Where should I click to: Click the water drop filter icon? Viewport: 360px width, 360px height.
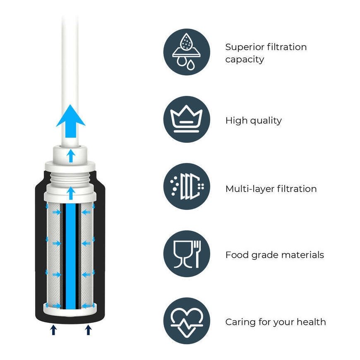click(x=187, y=52)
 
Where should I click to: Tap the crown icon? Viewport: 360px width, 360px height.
click(x=187, y=119)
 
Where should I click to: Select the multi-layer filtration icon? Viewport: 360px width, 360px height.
click(x=187, y=186)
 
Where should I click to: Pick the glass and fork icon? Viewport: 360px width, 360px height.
click(x=187, y=254)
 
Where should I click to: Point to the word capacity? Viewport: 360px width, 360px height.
click(x=245, y=60)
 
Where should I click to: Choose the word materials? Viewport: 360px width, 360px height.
click(x=302, y=255)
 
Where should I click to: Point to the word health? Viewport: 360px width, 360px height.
click(x=311, y=322)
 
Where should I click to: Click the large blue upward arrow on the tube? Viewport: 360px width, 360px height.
click(x=71, y=121)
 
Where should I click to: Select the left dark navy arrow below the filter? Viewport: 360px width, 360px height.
click(x=53, y=330)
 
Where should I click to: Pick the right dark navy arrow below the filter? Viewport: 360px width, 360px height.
click(x=89, y=330)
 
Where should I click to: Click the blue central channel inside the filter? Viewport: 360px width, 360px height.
click(x=71, y=256)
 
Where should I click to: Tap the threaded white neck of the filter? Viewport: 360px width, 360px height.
click(x=70, y=178)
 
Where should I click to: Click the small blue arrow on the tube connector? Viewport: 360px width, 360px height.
click(x=71, y=156)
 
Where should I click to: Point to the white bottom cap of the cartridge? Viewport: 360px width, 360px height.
click(x=70, y=310)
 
